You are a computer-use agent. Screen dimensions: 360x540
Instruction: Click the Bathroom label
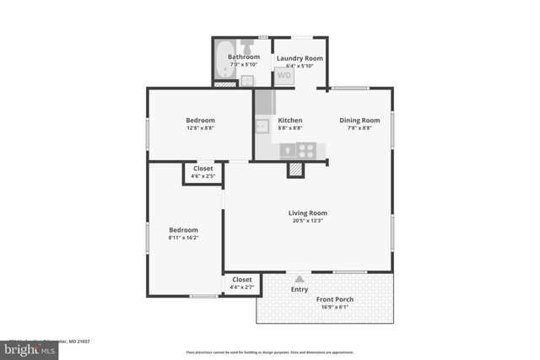244,57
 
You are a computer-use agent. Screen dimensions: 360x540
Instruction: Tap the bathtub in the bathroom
222,62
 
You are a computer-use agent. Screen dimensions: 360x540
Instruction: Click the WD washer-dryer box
285,75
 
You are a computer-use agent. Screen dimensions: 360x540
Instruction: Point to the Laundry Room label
300,57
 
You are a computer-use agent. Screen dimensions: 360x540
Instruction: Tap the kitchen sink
262,126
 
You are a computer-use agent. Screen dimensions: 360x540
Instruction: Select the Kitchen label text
290,120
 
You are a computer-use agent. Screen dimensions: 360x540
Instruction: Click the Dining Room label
365,120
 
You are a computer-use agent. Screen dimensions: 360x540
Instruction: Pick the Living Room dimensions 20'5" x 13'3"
309,221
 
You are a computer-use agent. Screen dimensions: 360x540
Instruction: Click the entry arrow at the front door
299,279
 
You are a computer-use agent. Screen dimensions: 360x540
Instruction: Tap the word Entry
300,289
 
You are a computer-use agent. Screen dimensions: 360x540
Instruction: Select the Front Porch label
335,299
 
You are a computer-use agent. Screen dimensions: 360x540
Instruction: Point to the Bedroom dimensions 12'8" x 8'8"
200,128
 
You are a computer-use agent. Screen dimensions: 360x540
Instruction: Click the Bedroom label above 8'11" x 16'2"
183,229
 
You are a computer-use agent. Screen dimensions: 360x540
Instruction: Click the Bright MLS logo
25,347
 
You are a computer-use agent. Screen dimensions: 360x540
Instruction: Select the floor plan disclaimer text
270,352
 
